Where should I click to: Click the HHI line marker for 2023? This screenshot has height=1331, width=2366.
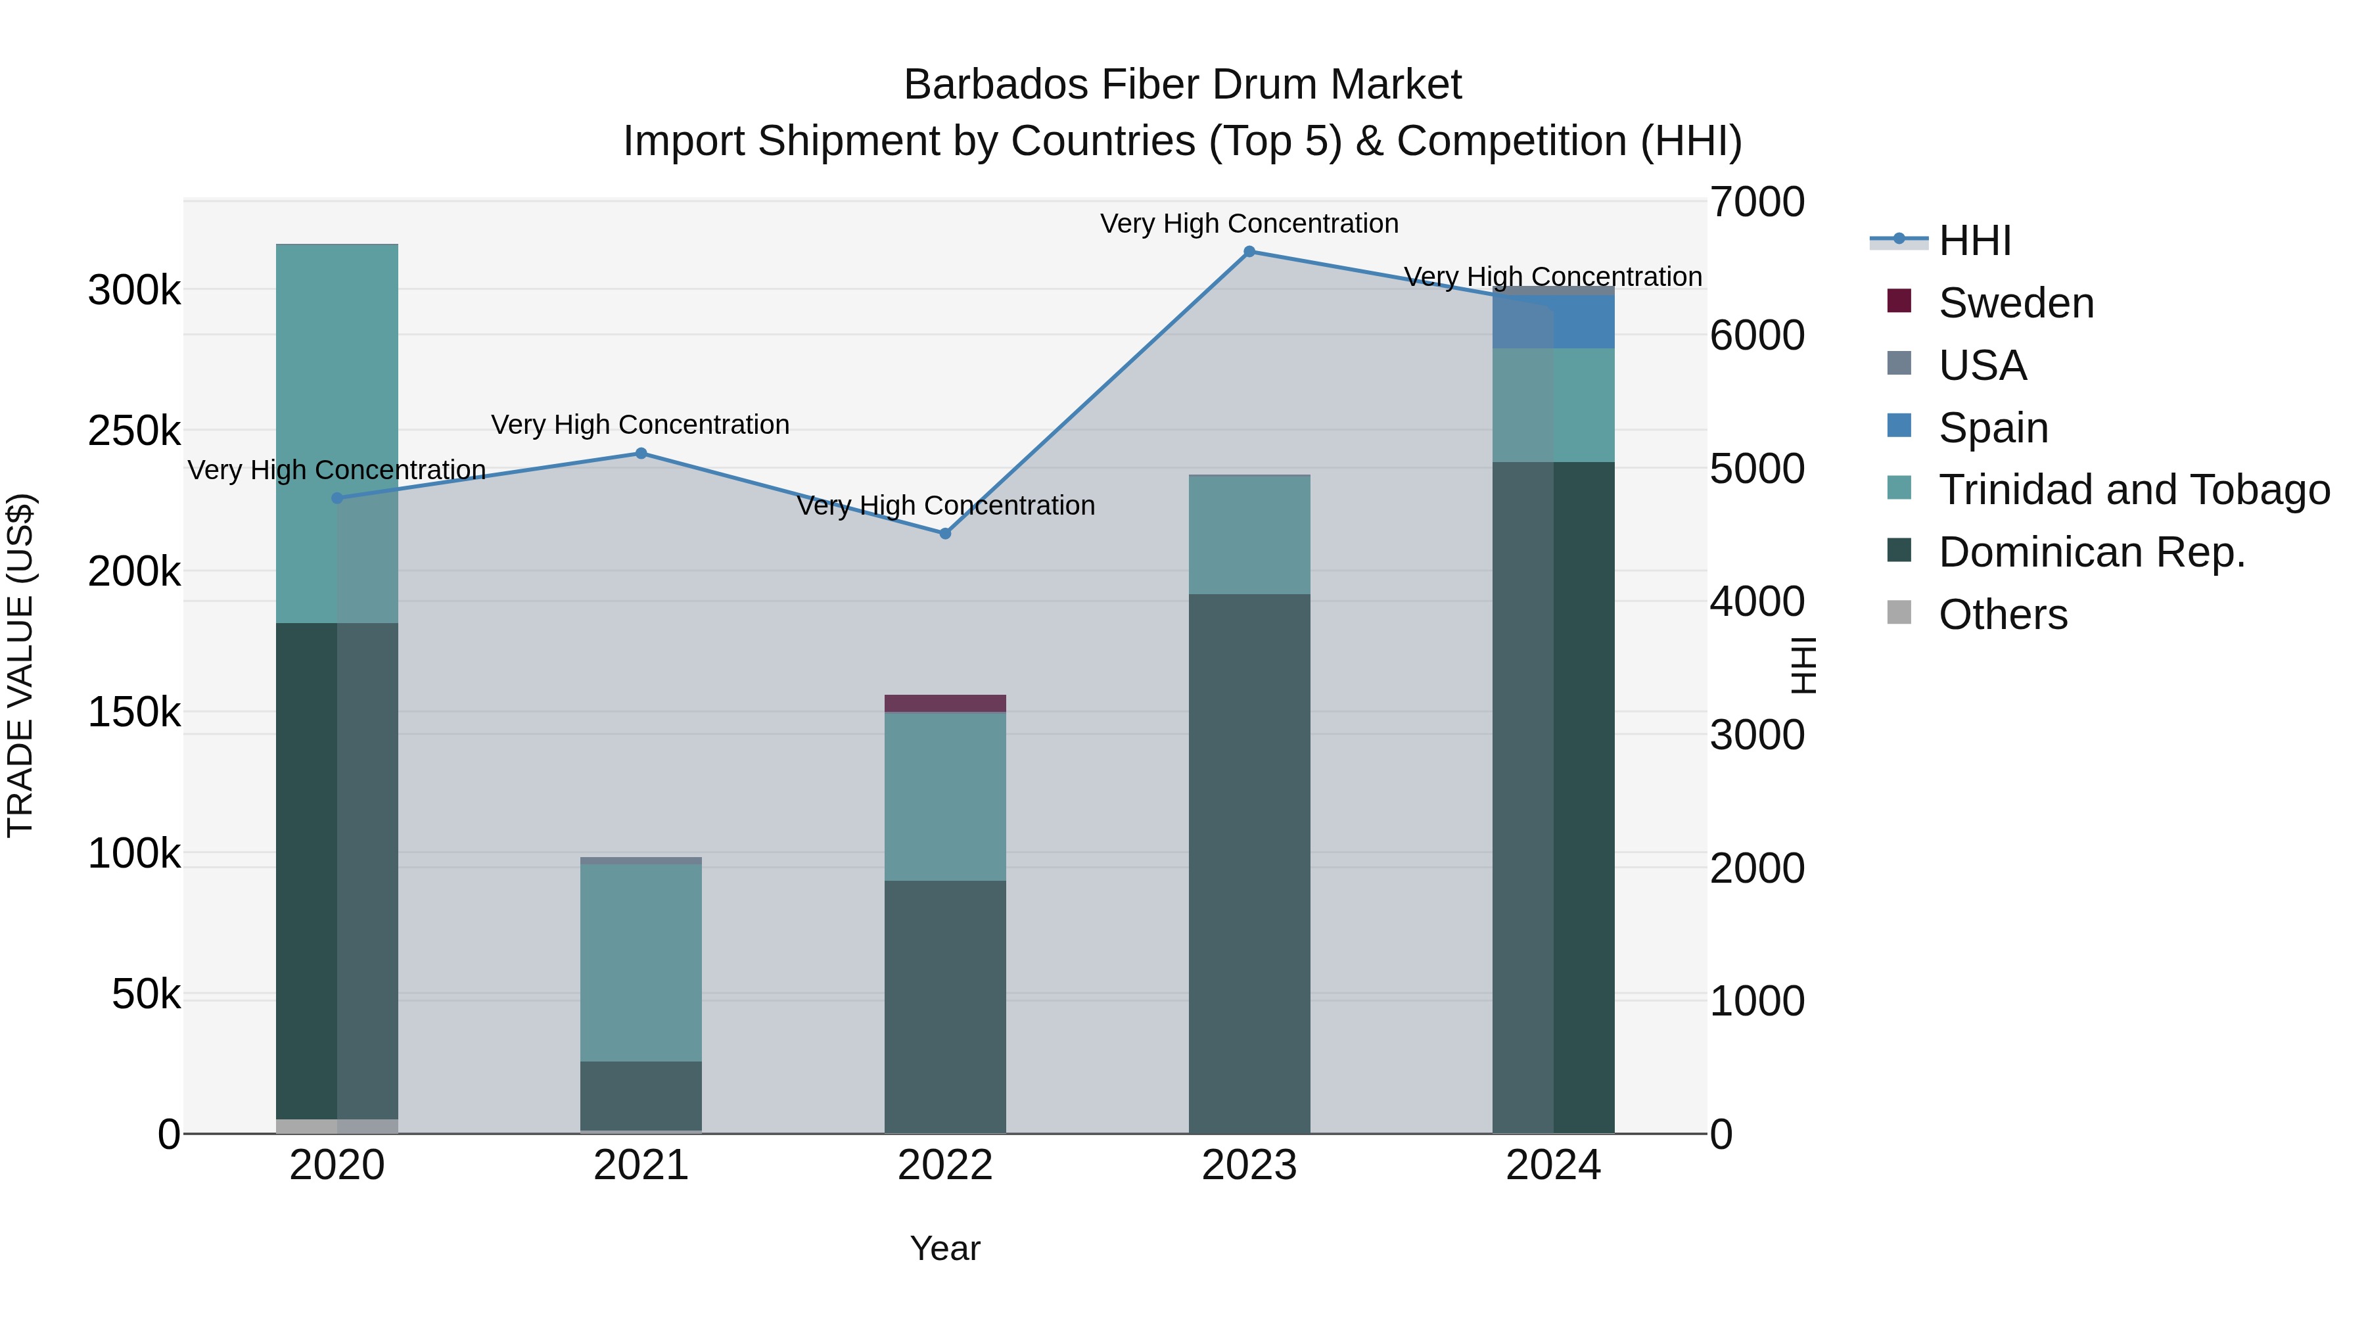(x=1249, y=252)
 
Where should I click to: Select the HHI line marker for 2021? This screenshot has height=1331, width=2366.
(x=641, y=453)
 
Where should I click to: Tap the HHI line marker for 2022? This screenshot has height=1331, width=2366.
(x=945, y=534)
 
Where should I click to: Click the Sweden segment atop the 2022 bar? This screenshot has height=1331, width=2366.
(x=945, y=703)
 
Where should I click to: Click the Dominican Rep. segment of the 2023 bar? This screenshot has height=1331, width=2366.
(x=1249, y=864)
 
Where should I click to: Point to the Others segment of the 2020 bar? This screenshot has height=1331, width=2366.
(x=337, y=1126)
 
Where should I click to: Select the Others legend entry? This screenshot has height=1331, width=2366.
(x=2003, y=615)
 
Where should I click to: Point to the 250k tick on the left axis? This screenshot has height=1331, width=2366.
(x=134, y=431)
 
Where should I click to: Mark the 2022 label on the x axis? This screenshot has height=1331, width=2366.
(x=945, y=1165)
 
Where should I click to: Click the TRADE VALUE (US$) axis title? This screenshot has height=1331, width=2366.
(x=20, y=665)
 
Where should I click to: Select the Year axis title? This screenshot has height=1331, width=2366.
(x=945, y=1248)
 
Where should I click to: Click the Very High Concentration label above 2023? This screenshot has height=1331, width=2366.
(x=1249, y=223)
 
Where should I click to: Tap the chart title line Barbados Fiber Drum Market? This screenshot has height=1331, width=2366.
(x=1182, y=85)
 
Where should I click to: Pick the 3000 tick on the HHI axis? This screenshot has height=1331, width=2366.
(x=1756, y=735)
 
